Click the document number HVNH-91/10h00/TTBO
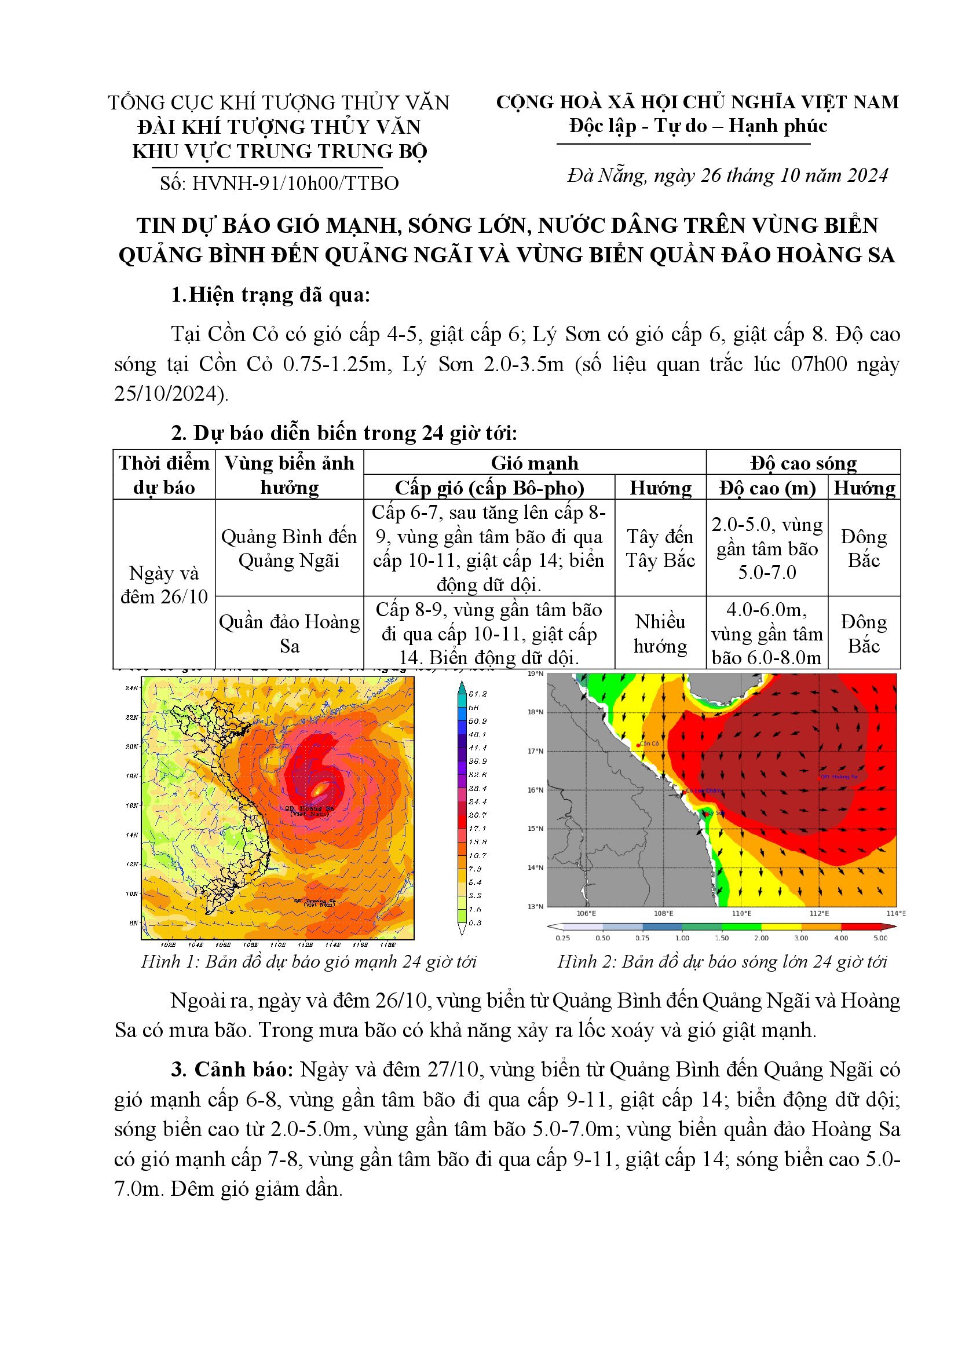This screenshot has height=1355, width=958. pos(295,183)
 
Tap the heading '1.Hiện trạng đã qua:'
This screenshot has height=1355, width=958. pos(270,295)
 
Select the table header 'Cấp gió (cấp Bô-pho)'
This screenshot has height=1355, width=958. pos(489,488)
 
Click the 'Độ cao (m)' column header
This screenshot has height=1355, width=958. pos(767,488)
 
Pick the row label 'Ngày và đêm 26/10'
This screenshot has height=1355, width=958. pos(164,585)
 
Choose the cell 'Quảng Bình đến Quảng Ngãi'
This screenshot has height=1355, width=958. pos(288,548)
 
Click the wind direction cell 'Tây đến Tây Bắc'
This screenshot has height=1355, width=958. pos(660,548)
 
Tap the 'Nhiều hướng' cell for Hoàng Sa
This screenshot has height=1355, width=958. pos(660,634)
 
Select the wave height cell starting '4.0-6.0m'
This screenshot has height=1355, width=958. pos(767,633)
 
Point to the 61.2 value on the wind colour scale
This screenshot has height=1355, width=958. pos(477,694)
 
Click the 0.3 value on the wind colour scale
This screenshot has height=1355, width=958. pos(475,922)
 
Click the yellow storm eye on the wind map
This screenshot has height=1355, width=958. pos(320,788)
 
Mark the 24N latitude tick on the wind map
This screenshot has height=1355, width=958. pos(131,688)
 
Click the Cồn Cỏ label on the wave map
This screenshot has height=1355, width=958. pos(649,744)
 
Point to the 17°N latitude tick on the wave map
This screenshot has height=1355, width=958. pos(535,751)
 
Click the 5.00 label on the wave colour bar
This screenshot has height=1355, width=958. pos(880,937)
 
